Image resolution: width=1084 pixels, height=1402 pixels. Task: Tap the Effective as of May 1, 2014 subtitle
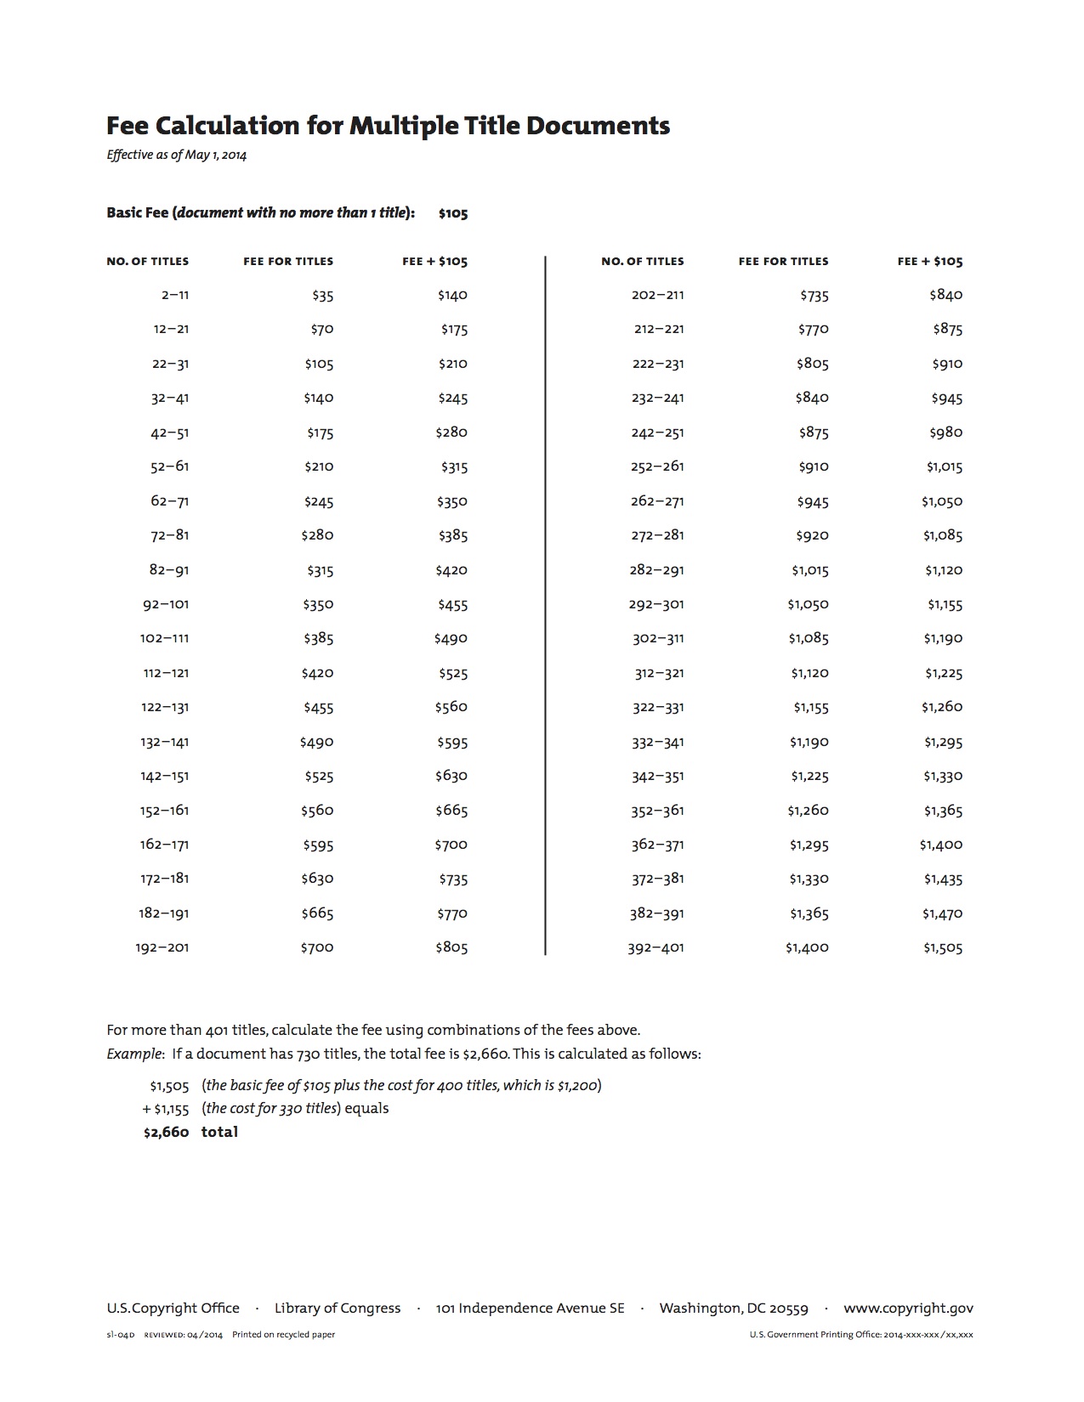coord(176,155)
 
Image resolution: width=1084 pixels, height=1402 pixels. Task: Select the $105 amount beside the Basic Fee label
coord(452,213)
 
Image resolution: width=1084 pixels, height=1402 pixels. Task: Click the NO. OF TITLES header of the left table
coord(148,262)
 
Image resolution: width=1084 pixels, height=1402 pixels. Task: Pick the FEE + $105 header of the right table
coord(929,262)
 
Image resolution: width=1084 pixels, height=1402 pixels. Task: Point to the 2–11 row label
coord(174,296)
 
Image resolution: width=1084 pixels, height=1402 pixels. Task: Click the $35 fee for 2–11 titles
coord(322,296)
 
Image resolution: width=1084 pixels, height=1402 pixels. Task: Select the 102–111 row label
coord(165,639)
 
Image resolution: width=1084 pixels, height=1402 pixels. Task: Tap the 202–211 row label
coord(657,296)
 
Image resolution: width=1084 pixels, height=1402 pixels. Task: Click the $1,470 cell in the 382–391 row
coord(942,914)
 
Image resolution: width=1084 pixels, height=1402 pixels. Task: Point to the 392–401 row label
coord(656,948)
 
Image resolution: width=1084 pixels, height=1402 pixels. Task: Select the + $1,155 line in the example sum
coord(166,1109)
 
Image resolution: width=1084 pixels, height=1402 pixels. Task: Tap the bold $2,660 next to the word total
coord(166,1133)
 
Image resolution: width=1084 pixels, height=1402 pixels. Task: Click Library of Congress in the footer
coord(338,1309)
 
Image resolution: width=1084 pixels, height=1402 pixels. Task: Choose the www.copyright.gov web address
coord(908,1309)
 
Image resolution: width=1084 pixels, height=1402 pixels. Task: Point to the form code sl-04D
coord(121,1335)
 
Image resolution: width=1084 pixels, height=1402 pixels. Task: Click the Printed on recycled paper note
coord(283,1335)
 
